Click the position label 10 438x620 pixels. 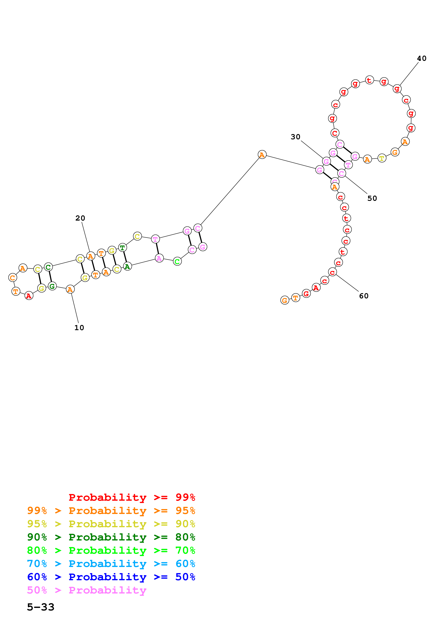79,327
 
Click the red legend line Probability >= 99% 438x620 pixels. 132,497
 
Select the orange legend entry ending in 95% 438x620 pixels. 111,510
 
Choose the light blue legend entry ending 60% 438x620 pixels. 111,564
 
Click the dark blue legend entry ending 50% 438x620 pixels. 111,577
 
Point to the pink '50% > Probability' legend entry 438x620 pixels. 87,590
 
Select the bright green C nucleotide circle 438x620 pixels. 177,261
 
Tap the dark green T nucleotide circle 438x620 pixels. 122,247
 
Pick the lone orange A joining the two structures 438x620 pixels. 262,155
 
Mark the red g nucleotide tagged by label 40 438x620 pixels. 397,89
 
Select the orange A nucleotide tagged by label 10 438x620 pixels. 70,289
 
